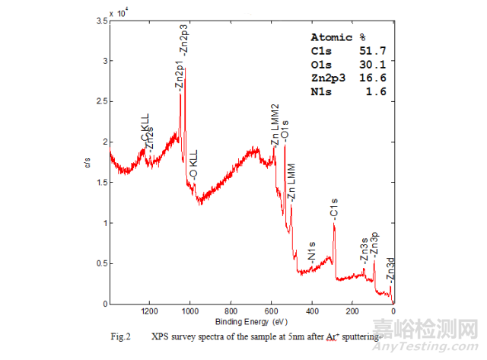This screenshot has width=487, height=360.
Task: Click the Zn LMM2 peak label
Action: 275,122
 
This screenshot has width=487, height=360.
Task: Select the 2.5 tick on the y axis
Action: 101,101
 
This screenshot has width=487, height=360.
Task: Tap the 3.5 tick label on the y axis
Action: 101,21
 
